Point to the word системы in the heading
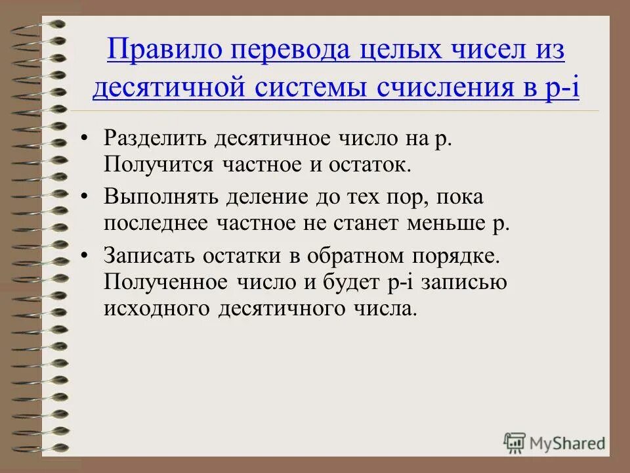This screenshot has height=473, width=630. point(310,88)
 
